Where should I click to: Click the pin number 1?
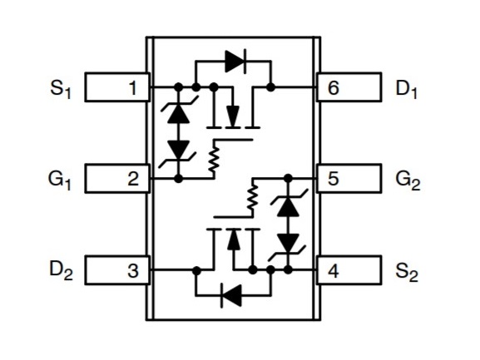pos(133,88)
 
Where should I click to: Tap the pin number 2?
pos(133,179)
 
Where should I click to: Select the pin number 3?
pos(133,271)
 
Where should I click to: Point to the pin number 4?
pos(334,271)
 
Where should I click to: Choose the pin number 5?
pos(334,179)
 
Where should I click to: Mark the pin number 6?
pos(334,88)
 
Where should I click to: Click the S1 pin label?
pos(61,89)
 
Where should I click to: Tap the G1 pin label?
pos(60,180)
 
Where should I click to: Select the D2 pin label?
pos(61,271)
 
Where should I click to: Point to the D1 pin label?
pos(406,89)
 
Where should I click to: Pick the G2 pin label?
pos(408,180)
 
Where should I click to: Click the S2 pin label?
pos(407,272)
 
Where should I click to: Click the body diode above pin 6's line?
pos(235,62)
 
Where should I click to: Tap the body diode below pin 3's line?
pos(231,295)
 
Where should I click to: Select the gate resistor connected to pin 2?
pos(214,159)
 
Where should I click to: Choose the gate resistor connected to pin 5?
pos(253,197)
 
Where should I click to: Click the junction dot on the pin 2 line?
pos(178,178)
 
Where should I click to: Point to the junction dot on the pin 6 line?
pos(270,87)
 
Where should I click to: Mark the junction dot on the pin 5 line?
pos(288,178)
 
